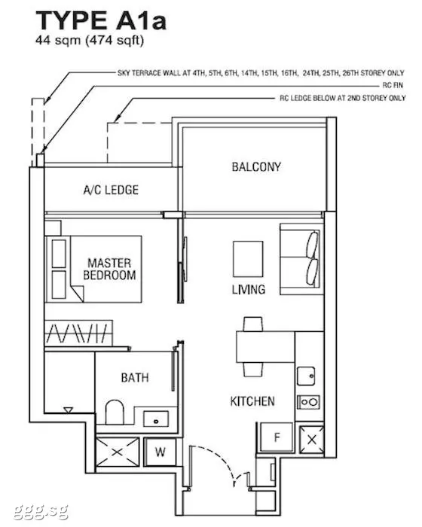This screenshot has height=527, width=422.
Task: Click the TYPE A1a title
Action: tap(101, 20)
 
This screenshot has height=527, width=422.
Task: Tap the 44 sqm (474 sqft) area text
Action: tap(90, 41)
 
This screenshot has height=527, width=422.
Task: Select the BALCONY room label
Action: tap(256, 166)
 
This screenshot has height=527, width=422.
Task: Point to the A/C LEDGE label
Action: tap(111, 190)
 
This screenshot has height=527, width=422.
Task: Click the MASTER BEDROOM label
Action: tap(109, 269)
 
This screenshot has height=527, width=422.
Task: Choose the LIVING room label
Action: tap(249, 289)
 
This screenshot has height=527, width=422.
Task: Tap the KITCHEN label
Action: tap(252, 401)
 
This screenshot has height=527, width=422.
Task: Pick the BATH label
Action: tap(135, 378)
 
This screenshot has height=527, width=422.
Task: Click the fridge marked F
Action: tap(277, 437)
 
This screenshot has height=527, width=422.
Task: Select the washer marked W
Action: tap(161, 452)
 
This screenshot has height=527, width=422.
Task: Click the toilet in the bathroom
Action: tap(115, 412)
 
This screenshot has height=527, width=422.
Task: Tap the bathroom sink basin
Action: tap(156, 419)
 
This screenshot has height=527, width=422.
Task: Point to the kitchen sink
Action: tap(306, 376)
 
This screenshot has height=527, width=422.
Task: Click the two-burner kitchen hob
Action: tap(309, 402)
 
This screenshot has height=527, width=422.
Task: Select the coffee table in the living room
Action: tap(248, 259)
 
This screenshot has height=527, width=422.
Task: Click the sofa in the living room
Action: tap(300, 259)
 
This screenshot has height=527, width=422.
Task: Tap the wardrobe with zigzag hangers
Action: tap(78, 333)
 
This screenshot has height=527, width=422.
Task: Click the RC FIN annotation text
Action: tap(393, 86)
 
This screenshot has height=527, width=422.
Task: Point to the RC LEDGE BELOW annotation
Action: tap(343, 98)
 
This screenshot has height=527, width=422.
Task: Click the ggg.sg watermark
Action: tap(41, 513)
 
